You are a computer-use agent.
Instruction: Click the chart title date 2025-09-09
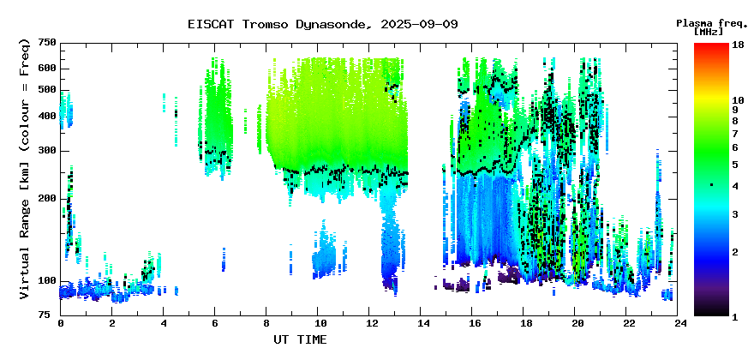tap(419, 24)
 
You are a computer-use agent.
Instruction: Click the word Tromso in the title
tap(266, 24)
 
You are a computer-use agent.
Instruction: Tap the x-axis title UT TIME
tap(300, 339)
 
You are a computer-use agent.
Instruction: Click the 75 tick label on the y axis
tap(51, 315)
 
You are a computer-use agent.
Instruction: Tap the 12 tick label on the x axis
tap(368, 323)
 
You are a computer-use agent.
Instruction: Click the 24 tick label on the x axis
tap(678, 323)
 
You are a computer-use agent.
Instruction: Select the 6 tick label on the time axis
tap(215, 323)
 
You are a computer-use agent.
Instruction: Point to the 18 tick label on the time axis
tap(524, 323)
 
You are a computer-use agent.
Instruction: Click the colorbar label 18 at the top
tap(738, 45)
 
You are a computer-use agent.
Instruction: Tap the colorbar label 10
tap(738, 100)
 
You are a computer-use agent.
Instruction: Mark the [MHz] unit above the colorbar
tap(709, 32)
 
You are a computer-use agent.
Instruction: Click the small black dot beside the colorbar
tap(712, 185)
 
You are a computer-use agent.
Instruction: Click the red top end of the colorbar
tap(711, 45)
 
